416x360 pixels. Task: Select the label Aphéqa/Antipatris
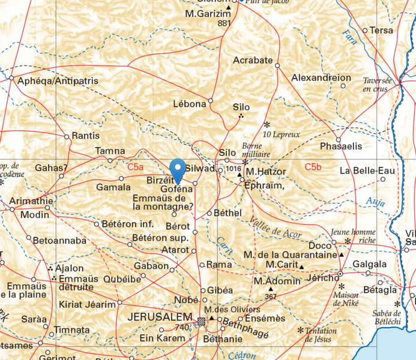point(54,81)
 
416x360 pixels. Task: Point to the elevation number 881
point(225,23)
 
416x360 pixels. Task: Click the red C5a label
point(135,170)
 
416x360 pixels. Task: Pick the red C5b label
point(313,166)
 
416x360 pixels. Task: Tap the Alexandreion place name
point(321,78)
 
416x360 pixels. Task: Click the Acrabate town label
point(253,61)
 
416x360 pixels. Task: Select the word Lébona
point(189,103)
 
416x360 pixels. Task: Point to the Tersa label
point(382,30)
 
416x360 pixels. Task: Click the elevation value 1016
point(233,170)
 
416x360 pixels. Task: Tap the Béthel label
point(225,213)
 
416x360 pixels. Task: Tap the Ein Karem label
point(163,338)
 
